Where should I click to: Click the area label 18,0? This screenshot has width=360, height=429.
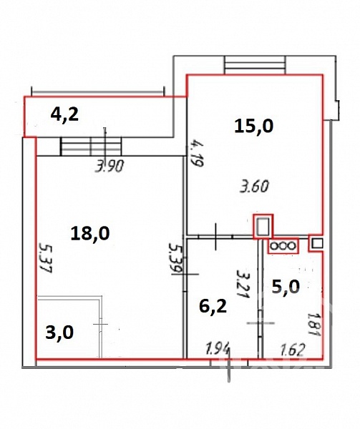(x=90, y=235)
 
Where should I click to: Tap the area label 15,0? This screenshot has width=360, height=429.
(x=254, y=127)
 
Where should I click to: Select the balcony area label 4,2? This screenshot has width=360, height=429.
(x=64, y=114)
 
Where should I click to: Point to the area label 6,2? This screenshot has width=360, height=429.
(x=213, y=307)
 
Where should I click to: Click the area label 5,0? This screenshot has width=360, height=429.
(x=286, y=287)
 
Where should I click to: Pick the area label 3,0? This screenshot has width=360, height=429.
(x=59, y=332)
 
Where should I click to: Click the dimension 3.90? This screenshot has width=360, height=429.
(x=110, y=166)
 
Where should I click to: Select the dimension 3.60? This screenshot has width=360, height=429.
(x=254, y=186)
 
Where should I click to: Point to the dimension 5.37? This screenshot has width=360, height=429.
(x=45, y=257)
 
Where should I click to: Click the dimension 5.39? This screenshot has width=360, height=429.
(x=175, y=257)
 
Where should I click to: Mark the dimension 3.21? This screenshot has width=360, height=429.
(x=243, y=284)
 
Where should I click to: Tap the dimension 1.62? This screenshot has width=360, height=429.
(x=293, y=350)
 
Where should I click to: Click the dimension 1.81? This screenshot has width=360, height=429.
(x=313, y=324)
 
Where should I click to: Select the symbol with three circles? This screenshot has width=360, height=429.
(x=283, y=246)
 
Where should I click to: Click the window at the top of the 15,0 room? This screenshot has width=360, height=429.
(x=255, y=65)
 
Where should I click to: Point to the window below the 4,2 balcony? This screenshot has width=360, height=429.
(x=91, y=147)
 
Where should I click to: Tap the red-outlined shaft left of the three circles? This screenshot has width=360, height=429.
(x=263, y=226)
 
